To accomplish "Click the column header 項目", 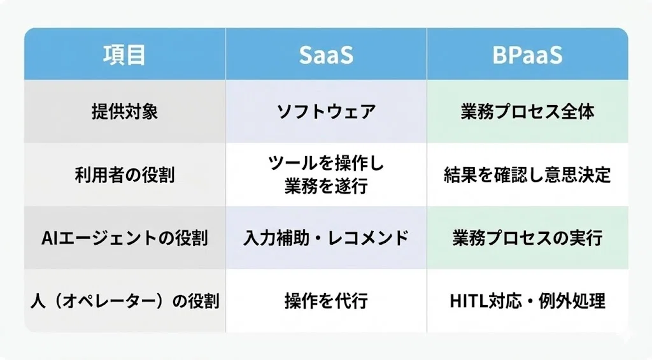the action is tap(124, 55).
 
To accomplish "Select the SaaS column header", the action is tap(326, 55).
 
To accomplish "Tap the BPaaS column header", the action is tap(527, 55).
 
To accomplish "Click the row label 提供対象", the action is tap(125, 112).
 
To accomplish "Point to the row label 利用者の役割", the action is tap(125, 175).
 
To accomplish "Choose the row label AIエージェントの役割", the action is tap(125, 238).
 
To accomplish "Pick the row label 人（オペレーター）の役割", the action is tap(125, 301).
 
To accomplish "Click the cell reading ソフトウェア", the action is tap(327, 112).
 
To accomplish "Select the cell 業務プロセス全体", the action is tap(527, 112).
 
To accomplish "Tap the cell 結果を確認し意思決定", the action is tap(527, 175).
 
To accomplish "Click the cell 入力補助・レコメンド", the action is tap(327, 238).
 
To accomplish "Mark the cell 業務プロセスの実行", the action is tap(527, 238).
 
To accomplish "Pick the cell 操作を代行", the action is tap(327, 301).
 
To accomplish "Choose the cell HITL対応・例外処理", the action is tap(527, 301).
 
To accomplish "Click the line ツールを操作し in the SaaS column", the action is tap(327, 163).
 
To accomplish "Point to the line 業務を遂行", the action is tap(327, 186).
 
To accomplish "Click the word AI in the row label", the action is tap(50, 238).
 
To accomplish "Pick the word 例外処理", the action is tap(572, 301).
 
